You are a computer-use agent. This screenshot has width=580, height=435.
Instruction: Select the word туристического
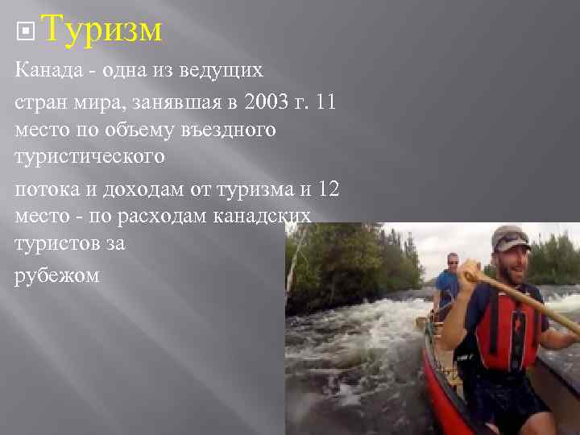[x=90, y=156]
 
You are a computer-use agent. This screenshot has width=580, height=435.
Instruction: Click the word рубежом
[x=57, y=275]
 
